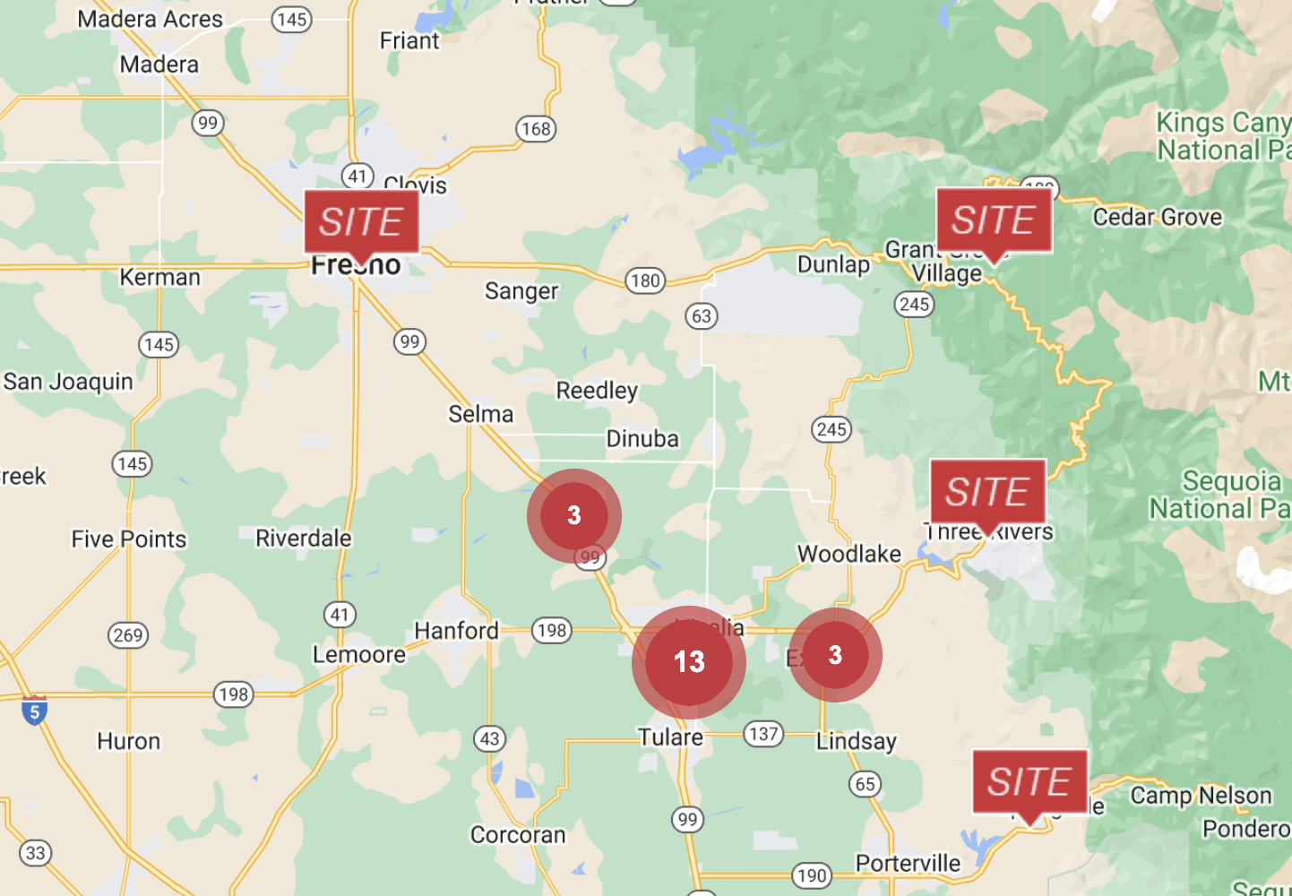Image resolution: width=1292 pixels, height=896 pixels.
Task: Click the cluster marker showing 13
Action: tap(688, 662)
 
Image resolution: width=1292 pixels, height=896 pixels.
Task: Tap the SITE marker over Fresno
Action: tap(361, 221)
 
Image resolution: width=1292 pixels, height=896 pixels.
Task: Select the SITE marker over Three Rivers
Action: tap(987, 492)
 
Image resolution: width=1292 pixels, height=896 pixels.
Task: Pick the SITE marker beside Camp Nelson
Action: tap(1029, 782)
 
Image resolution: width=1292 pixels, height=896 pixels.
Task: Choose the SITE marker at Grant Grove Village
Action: tap(994, 220)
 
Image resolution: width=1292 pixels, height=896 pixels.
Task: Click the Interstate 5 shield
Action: tap(34, 711)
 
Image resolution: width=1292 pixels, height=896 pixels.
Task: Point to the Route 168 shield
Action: tap(536, 129)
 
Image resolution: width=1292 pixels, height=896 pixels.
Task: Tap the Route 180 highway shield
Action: tap(645, 280)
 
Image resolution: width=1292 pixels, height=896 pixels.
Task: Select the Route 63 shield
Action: tap(702, 315)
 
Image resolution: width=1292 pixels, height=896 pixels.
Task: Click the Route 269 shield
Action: tap(128, 635)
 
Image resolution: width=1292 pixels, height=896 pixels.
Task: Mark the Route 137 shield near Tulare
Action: tap(763, 735)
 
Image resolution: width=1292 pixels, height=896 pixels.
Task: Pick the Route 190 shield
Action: tap(812, 875)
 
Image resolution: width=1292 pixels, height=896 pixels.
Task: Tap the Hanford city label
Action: tap(456, 631)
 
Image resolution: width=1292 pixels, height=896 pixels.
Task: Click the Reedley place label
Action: tap(597, 391)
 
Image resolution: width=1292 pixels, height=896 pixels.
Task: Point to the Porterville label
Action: tap(908, 864)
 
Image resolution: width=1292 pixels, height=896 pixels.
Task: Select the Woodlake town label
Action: tap(849, 554)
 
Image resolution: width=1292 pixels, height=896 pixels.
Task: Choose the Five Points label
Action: tap(129, 539)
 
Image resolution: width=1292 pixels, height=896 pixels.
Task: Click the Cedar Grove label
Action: tap(1157, 217)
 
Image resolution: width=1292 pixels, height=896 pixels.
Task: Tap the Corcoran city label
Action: tap(518, 835)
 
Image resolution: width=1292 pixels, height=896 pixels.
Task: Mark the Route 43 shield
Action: tap(489, 739)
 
